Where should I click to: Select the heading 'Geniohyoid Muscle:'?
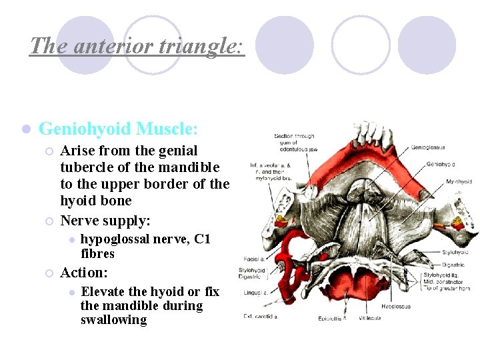click(x=118, y=128)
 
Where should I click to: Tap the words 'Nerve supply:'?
click(x=105, y=220)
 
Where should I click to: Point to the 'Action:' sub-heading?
click(x=84, y=273)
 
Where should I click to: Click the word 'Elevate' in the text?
click(x=104, y=292)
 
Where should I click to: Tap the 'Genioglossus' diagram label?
click(x=428, y=147)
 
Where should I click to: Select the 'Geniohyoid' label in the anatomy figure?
click(x=440, y=163)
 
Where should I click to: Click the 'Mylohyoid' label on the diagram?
click(x=459, y=181)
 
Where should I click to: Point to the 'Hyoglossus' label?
click(x=396, y=307)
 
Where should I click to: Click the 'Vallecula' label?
click(x=370, y=317)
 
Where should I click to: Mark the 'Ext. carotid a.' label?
click(x=261, y=316)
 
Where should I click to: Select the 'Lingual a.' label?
click(x=257, y=292)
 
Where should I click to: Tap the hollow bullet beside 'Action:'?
click(x=49, y=273)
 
